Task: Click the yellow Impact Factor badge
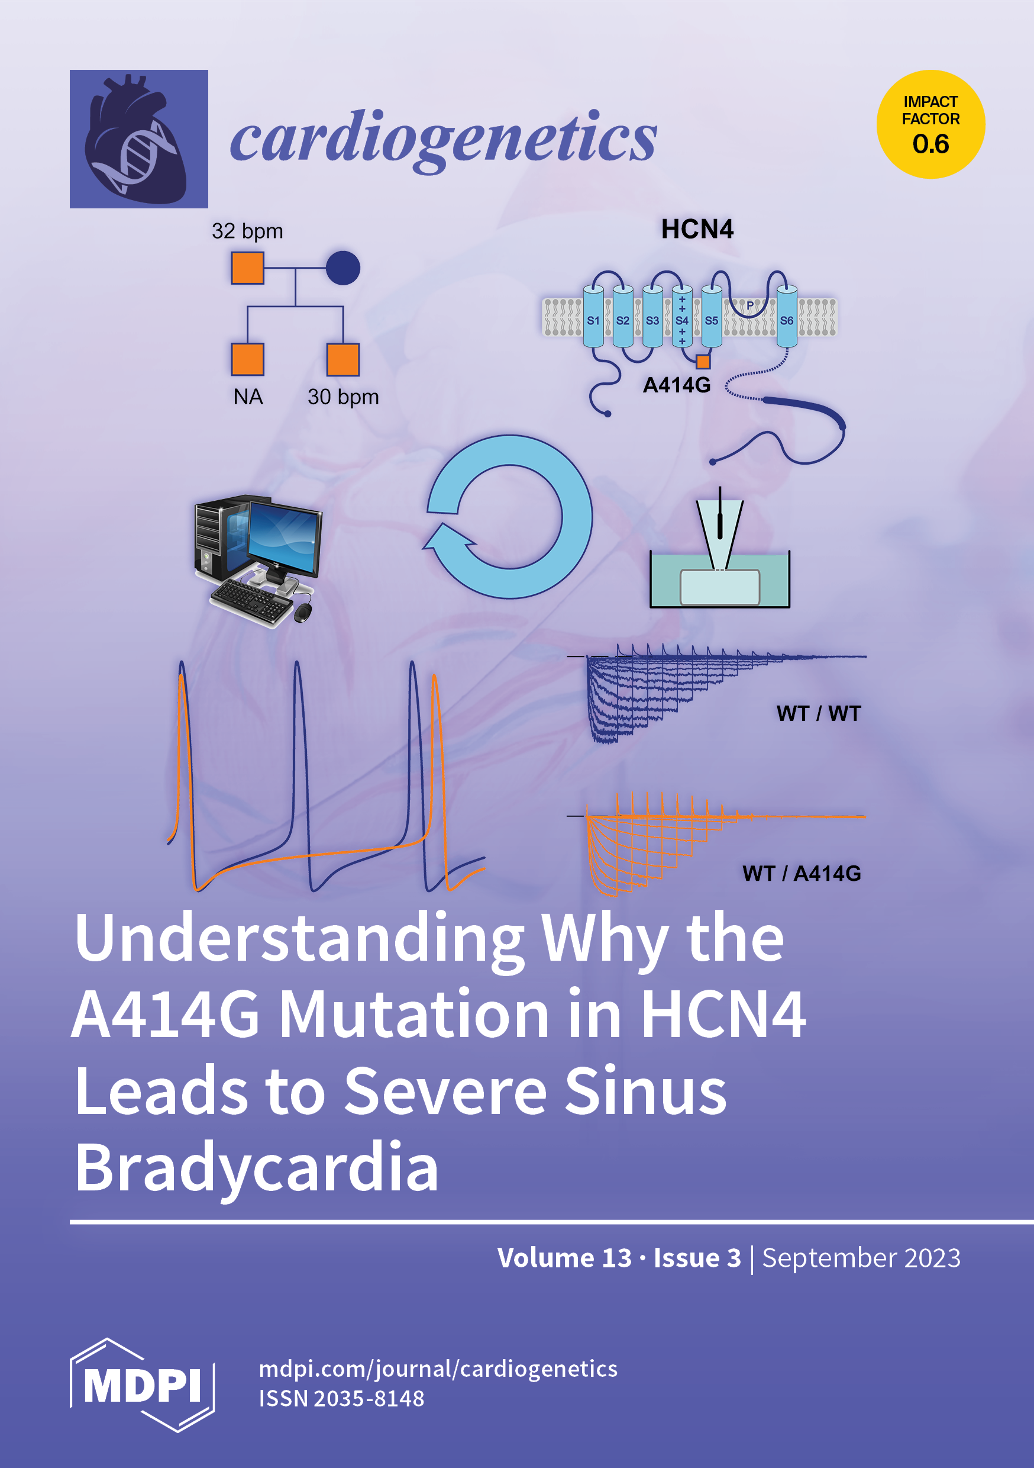[930, 124]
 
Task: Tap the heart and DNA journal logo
[138, 139]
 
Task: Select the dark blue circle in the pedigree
[343, 268]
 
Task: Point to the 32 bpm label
[247, 231]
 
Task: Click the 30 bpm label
[343, 397]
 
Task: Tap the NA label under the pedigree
[248, 397]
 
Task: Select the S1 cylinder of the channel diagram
[593, 317]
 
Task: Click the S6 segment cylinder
[787, 317]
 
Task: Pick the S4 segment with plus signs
[682, 317]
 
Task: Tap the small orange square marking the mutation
[703, 362]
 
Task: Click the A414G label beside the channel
[677, 385]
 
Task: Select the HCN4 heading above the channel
[697, 229]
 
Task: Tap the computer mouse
[303, 612]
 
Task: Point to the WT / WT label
[819, 713]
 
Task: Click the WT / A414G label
[802, 873]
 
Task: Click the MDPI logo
[142, 1385]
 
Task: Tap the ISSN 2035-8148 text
[341, 1398]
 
